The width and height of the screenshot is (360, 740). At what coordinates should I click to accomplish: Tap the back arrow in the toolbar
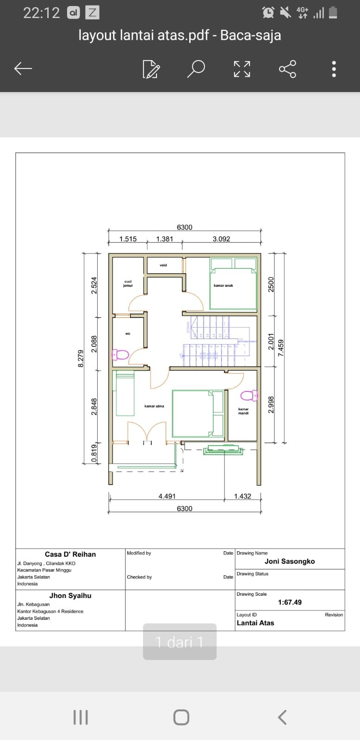coord(23,69)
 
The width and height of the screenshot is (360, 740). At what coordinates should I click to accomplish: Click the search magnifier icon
coord(196,69)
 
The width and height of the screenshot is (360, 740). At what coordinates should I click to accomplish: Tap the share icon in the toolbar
coord(287,69)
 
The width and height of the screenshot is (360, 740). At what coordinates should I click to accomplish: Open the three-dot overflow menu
coord(334,69)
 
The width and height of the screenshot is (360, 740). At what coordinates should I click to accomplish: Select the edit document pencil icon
coord(151,69)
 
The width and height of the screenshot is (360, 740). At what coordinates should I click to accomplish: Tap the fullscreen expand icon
coord(242,69)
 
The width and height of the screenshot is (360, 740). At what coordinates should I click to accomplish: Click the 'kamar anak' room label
coord(223,286)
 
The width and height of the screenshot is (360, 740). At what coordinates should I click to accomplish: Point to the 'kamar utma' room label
coord(154,406)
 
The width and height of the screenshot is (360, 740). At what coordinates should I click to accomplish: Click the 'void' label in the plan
coord(163,265)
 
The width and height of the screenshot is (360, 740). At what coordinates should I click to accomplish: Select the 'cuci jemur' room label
coord(128,284)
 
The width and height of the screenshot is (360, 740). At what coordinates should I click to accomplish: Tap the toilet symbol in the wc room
coord(121,355)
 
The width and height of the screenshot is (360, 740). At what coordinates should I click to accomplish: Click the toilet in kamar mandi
coord(248,395)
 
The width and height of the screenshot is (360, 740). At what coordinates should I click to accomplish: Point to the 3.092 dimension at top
coord(221,239)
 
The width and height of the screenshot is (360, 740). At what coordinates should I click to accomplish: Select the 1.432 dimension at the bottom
coord(242,496)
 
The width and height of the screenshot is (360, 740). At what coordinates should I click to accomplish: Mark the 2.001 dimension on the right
coord(272,341)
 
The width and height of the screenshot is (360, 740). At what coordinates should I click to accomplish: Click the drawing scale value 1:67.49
coord(290,602)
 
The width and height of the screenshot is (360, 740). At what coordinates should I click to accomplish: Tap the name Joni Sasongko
coord(290,561)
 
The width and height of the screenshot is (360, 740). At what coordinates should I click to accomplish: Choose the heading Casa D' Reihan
coord(70,554)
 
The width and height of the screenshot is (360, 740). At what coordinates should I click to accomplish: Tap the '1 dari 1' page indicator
coord(180,642)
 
